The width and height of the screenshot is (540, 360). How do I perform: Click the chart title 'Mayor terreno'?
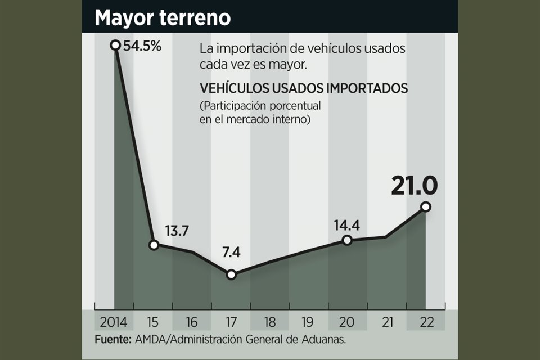[x=163, y=17]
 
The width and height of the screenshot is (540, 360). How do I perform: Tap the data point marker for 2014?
[x=115, y=45]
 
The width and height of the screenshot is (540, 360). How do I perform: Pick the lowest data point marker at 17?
[x=231, y=274]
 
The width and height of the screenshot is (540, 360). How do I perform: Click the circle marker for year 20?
[x=347, y=240]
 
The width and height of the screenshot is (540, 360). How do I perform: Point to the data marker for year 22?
[x=425, y=207]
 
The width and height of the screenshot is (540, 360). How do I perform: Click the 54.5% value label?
[x=142, y=46]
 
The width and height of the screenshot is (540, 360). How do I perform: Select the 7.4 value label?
[x=231, y=253]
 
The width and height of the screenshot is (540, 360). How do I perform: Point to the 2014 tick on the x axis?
[x=114, y=322]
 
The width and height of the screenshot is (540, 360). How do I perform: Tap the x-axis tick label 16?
[x=192, y=322]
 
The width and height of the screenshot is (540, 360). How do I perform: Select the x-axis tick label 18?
[x=270, y=322]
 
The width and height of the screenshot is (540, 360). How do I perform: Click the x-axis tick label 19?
[x=309, y=322]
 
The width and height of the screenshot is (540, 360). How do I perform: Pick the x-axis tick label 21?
[x=386, y=322]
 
